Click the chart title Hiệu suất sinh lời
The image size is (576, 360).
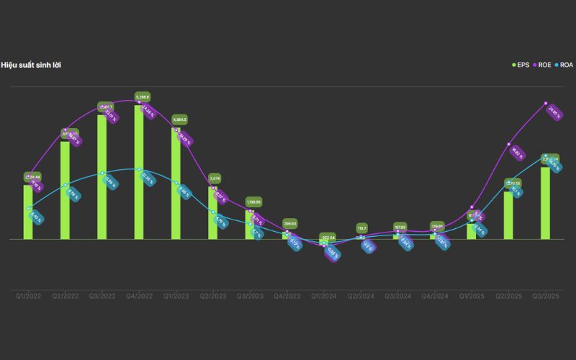[x=30, y=65]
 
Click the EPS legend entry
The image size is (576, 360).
[x=519, y=65]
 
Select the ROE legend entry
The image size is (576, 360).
[x=541, y=65]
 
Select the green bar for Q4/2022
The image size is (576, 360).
[x=139, y=173]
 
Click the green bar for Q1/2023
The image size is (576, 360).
[x=176, y=184]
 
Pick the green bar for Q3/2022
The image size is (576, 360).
[x=102, y=177]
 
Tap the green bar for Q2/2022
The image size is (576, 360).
[x=65, y=190]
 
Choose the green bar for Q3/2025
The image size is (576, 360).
[x=546, y=203]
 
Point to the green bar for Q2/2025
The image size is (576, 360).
[x=508, y=215]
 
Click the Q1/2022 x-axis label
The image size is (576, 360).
[x=28, y=296]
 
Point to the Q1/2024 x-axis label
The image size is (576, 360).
[x=323, y=296]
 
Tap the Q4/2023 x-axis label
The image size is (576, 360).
[x=287, y=296]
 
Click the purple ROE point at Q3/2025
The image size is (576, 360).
[x=545, y=103]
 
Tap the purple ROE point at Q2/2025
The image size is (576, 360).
[x=508, y=144]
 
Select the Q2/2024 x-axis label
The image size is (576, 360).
[x=361, y=296]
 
